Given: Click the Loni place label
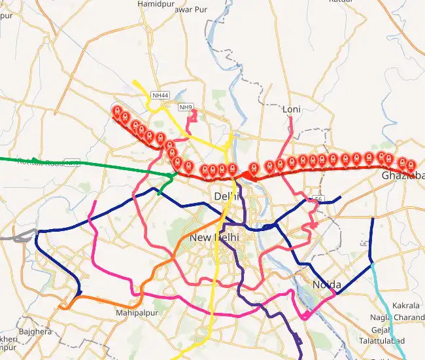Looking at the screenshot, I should [x=290, y=109].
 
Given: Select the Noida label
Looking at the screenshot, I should [x=326, y=284].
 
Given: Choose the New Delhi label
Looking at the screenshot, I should [x=214, y=238].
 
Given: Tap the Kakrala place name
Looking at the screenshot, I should [x=406, y=306].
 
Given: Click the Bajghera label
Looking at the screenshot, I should [x=35, y=332].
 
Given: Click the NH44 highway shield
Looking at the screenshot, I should [x=160, y=96].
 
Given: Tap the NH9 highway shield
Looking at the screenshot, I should [x=186, y=107].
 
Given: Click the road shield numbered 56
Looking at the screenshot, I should [x=318, y=199].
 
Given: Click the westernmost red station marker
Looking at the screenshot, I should [x=118, y=111].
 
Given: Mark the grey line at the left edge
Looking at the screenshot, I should [x=13, y=237].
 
